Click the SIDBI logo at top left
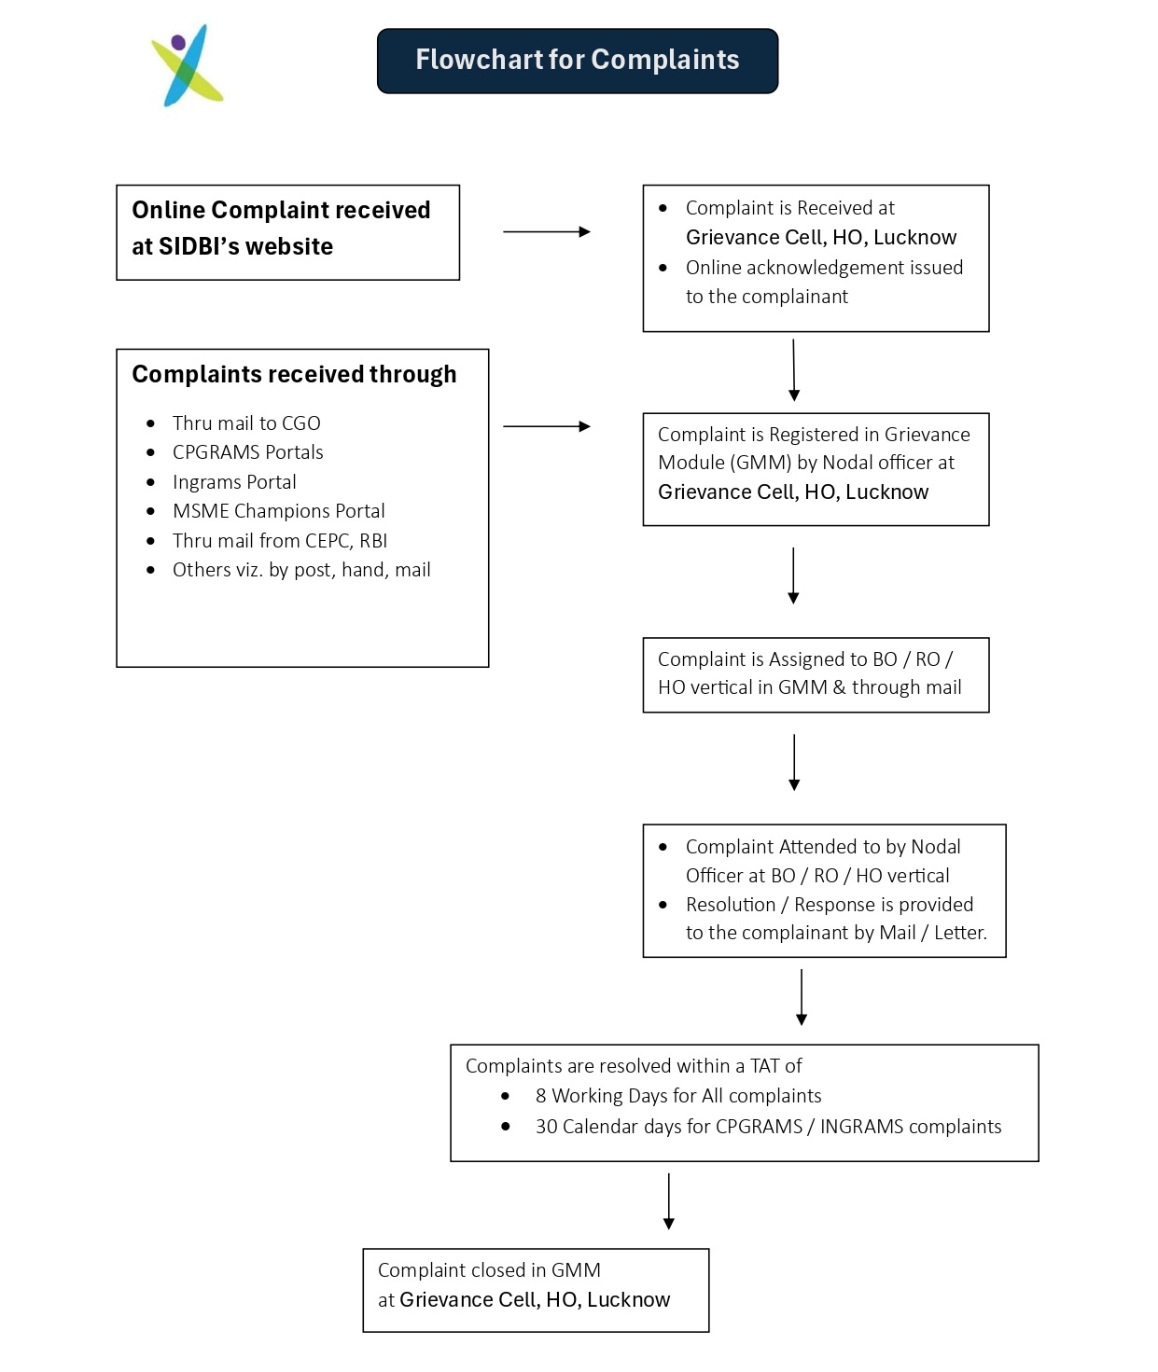pos(188,65)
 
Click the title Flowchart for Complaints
pos(577,61)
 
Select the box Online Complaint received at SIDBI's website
pos(287,231)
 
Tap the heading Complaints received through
pos(294,374)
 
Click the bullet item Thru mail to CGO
pos(246,423)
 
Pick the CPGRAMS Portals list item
pos(247,452)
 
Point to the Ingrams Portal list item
pos(234,482)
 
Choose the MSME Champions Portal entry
pos(278,511)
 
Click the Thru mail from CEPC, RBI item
pos(279,541)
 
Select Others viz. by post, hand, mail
pos(301,570)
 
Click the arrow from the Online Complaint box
pos(546,231)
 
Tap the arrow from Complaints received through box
pos(546,426)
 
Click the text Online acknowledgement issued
pos(824,268)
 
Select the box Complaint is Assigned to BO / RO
pos(815,674)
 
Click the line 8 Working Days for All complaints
pos(677,1096)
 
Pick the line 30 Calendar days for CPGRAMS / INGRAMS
pos(767,1127)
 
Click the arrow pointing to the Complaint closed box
pos(668,1201)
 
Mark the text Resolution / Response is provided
pos(829,905)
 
